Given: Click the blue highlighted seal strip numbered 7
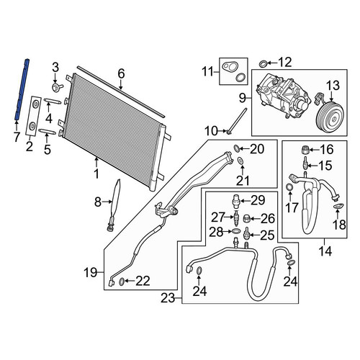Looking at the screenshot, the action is (22, 89).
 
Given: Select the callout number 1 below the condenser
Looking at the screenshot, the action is (96, 174).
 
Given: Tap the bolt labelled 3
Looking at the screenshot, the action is (57, 87).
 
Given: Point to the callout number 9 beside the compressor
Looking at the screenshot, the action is (243, 98).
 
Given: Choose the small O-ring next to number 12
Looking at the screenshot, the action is (263, 64).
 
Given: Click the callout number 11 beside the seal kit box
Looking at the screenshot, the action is (208, 71).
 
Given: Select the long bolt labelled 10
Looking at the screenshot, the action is (237, 121).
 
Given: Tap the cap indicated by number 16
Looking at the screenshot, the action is (305, 150).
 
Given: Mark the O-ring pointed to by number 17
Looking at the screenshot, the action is (290, 187).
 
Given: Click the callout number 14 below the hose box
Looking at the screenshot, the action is (325, 251).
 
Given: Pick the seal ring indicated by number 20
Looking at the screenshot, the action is (236, 148).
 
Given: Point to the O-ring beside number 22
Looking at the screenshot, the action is (122, 282).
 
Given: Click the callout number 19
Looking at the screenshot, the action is (90, 272).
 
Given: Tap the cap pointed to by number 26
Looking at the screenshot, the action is (247, 218).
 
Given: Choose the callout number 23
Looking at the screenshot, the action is (168, 298).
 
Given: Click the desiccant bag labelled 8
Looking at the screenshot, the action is (114, 204).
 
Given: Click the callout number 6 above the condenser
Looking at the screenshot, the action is (122, 74).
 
